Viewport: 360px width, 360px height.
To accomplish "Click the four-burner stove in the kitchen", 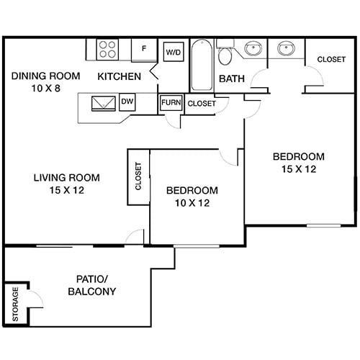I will pos(108,49).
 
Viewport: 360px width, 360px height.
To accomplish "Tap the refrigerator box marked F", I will pos(144,49).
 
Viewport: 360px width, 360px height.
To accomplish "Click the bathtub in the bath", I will pos(202,66).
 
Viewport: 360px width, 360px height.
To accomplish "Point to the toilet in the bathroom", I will pos(225,55).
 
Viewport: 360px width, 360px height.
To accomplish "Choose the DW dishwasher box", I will pos(127,102).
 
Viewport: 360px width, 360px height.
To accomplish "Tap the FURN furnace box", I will pos(171,103).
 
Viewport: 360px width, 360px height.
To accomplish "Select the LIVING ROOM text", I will pos(66,177).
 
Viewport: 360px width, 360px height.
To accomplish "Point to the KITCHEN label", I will pos(120,76).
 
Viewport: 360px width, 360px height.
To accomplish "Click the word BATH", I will pos(231,78).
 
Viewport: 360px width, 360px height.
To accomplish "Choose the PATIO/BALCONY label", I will pos(92,285).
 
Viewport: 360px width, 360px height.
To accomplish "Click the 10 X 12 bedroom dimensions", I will pos(192,204).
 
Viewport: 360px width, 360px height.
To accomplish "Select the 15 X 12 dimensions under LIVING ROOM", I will pos(66,192).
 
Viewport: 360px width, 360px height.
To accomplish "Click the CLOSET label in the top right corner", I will pos(330,59).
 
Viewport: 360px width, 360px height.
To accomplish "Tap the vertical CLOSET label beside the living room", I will pos(138,176).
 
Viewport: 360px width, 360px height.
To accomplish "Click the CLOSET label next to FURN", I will pos(202,104).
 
